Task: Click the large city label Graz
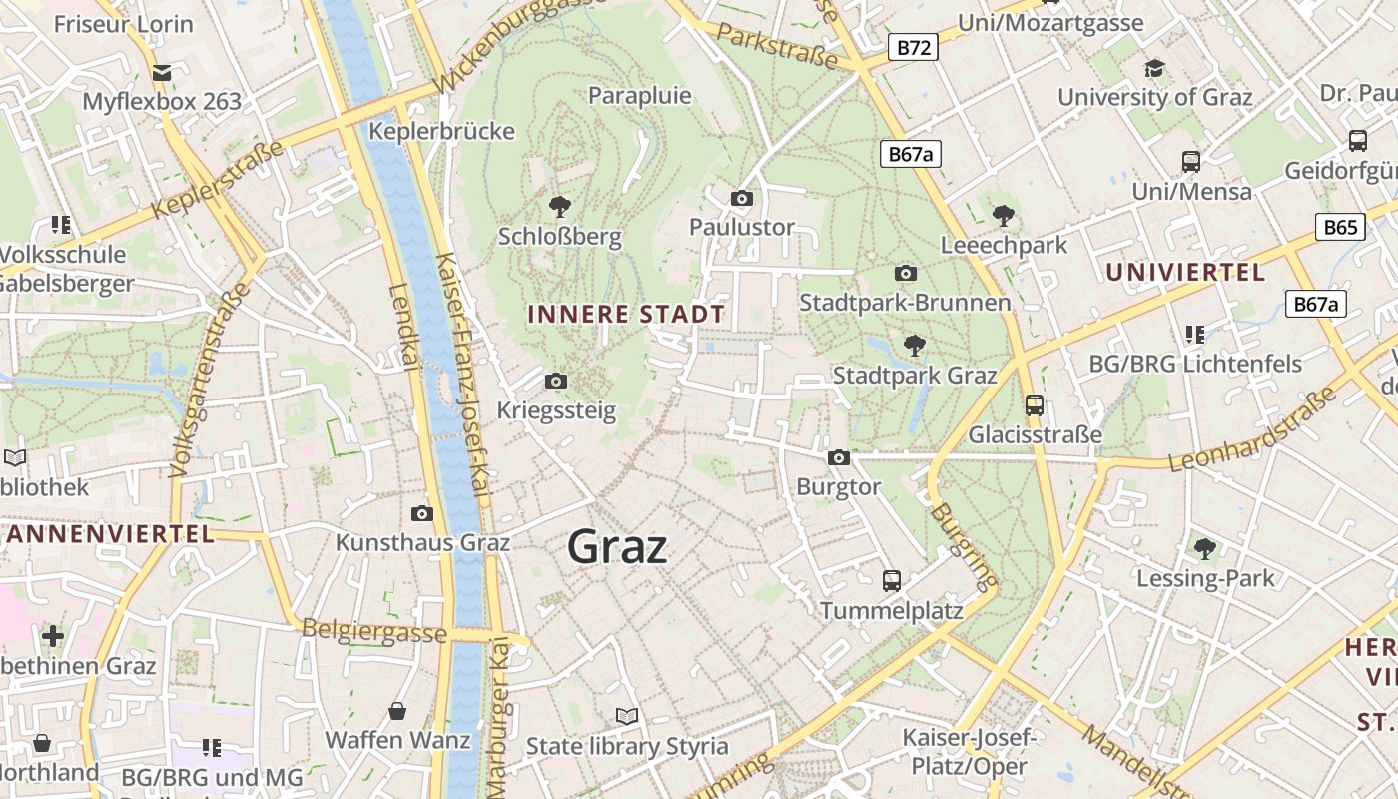coord(617,546)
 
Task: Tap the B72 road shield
coord(913,46)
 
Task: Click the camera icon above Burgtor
coord(839,457)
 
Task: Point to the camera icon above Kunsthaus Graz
coord(422,513)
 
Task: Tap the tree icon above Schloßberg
coord(560,207)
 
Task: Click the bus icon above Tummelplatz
coord(891,580)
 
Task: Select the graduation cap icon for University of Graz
coord(1154,68)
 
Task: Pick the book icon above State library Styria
coord(627,716)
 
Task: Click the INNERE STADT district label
coord(626,314)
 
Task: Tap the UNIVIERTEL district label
coord(1185,272)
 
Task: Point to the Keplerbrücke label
coord(441,131)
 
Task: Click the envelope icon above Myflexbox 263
coord(162,72)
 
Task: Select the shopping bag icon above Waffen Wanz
coord(397,711)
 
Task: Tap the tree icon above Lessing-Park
coord(1205,548)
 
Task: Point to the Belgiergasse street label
coord(373,631)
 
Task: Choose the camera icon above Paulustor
coord(741,198)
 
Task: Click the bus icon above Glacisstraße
coord(1035,405)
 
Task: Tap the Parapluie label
coord(640,96)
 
